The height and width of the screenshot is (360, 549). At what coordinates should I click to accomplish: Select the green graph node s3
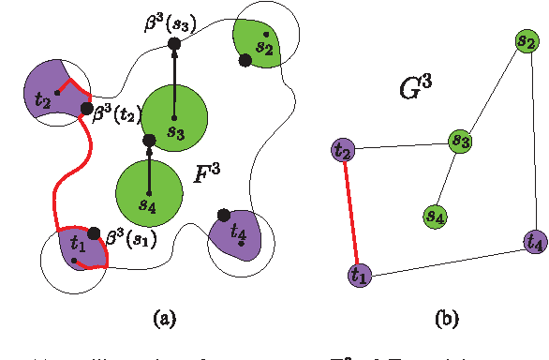coord(459,142)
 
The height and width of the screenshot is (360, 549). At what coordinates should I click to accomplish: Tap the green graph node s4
coord(435,216)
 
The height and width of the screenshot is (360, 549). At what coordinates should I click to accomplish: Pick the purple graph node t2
coord(343,150)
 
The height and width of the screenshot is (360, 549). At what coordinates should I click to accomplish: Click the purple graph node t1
coord(359,275)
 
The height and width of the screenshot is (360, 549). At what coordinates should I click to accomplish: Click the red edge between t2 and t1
coord(350,212)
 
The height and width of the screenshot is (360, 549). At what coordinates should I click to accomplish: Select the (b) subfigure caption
coord(446,318)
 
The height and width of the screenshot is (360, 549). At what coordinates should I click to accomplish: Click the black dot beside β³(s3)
coord(174,44)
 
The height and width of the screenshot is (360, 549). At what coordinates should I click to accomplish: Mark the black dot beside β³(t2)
coord(87,109)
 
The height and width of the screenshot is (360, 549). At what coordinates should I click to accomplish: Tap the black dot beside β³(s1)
coord(94,232)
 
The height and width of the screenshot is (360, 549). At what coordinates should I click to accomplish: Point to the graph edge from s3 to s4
coord(447,178)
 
